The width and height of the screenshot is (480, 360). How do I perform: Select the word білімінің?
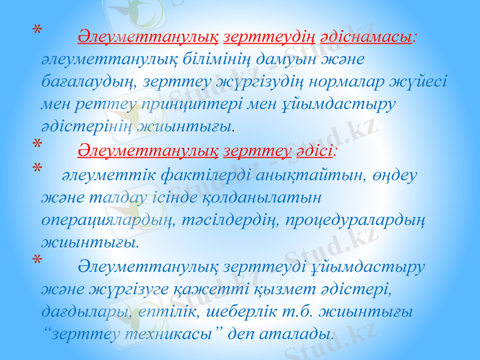(199, 59)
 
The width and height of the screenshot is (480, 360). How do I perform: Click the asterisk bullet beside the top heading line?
(38, 30)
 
